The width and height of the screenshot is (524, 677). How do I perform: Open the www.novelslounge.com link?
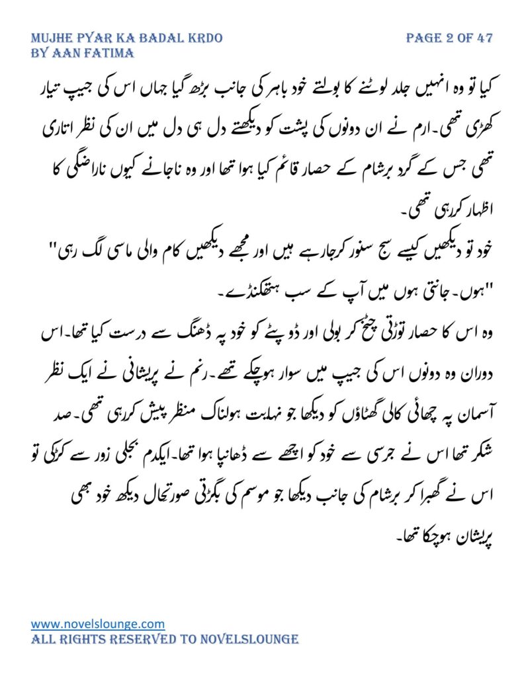click(x=98, y=623)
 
